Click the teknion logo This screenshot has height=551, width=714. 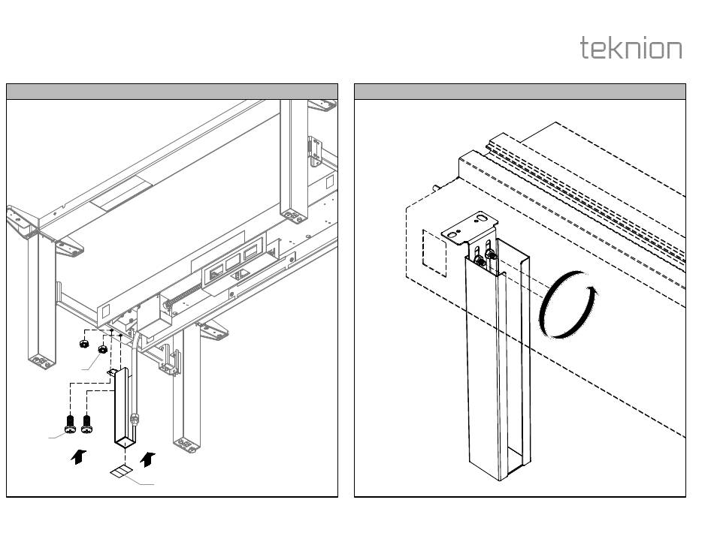click(x=631, y=48)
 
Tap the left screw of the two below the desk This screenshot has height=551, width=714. click(x=70, y=424)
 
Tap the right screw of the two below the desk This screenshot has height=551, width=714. click(x=86, y=424)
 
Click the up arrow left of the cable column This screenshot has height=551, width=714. click(x=77, y=456)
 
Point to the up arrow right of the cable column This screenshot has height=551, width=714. click(x=150, y=456)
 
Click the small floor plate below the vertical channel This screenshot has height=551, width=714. click(x=120, y=471)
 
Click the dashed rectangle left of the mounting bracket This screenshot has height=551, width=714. click(x=434, y=250)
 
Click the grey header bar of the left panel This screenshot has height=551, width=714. click(x=172, y=92)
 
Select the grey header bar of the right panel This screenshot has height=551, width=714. click(x=519, y=92)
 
